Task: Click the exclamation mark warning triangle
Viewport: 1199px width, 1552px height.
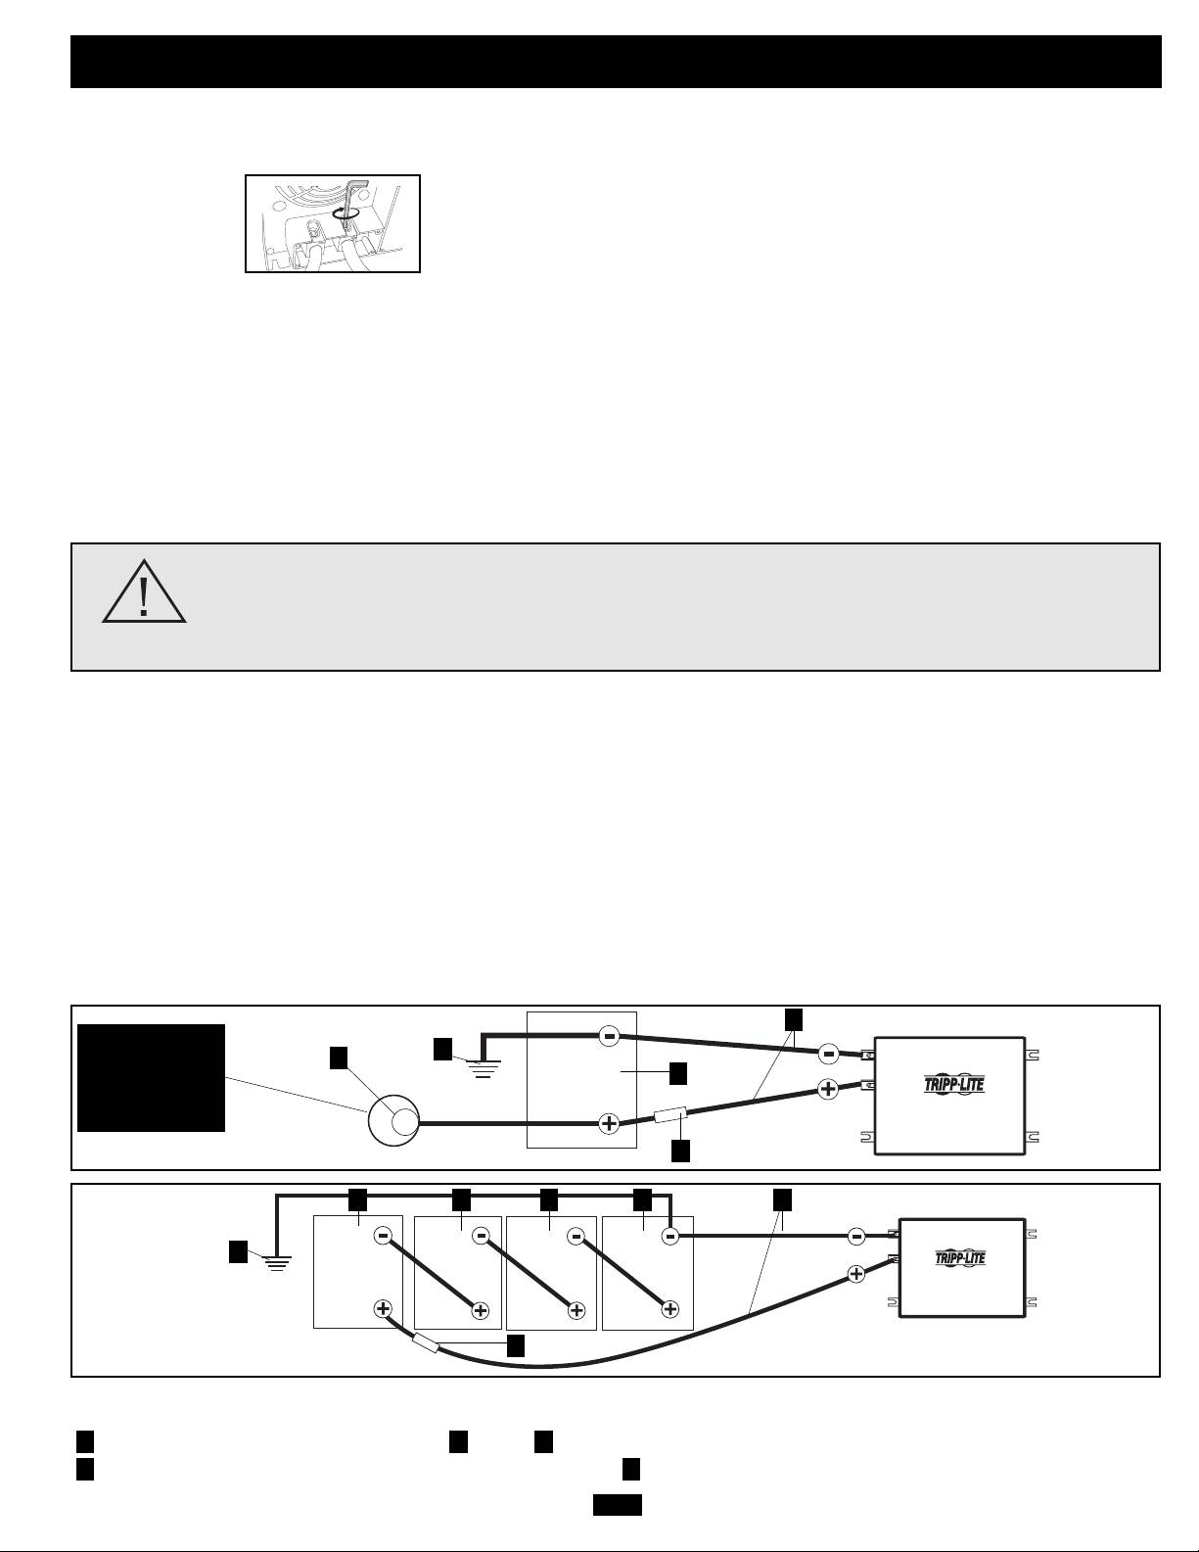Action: [x=144, y=592]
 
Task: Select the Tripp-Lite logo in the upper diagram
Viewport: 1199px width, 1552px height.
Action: [x=954, y=1084]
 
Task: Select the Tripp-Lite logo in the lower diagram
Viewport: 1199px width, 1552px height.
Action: [x=960, y=1257]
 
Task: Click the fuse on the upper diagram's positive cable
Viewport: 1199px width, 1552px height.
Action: [x=670, y=1114]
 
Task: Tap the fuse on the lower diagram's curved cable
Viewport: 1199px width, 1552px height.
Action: [x=426, y=1343]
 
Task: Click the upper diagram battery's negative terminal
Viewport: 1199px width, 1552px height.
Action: [x=609, y=1036]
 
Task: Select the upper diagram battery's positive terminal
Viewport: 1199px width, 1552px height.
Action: [x=609, y=1124]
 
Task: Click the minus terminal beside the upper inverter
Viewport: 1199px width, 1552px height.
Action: [x=829, y=1054]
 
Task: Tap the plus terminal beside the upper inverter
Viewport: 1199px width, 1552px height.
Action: [x=828, y=1089]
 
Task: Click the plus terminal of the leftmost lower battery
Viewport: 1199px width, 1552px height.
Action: [x=384, y=1308]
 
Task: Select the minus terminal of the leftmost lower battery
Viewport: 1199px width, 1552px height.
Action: [x=384, y=1237]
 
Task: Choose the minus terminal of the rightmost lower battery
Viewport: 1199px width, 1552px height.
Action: [x=670, y=1237]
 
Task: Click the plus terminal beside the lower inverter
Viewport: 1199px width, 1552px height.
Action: [x=856, y=1274]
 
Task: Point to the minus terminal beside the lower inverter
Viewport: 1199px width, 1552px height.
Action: [x=857, y=1237]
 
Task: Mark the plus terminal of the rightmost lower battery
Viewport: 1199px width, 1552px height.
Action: [x=670, y=1309]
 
